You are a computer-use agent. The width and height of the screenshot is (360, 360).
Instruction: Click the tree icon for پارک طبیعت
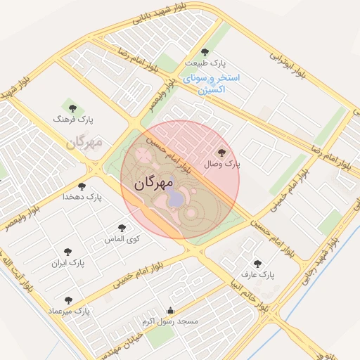coord(205,52)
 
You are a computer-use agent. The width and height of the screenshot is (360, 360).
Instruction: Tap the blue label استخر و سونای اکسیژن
coord(211,83)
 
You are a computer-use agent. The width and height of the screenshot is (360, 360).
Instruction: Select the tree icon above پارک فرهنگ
coord(72,108)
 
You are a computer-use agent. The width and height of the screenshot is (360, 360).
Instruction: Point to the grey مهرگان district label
coord(85,143)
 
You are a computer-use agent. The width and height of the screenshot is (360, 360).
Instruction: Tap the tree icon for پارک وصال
coord(222,151)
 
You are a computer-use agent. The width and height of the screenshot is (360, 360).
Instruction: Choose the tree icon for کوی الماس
coord(122,228)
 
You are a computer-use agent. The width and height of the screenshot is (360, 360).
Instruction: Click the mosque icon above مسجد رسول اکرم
coord(169,310)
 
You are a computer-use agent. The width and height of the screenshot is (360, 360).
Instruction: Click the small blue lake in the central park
coord(174,199)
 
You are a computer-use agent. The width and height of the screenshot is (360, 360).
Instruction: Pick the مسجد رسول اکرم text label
coord(170,321)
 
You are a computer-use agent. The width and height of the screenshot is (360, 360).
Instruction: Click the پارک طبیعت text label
coord(205,63)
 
